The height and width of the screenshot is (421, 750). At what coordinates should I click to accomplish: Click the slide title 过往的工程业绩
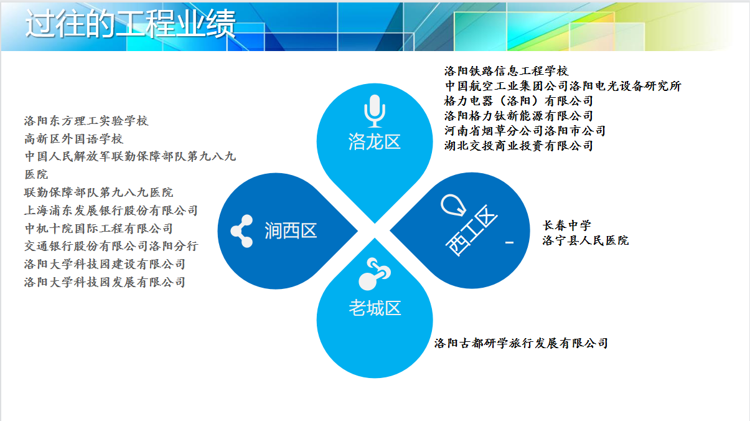click(x=130, y=24)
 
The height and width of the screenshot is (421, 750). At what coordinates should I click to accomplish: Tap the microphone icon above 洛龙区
click(x=375, y=111)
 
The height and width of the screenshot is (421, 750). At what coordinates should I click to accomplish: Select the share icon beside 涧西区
click(x=241, y=231)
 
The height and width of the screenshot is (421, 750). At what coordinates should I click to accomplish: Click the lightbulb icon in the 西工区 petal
click(x=453, y=205)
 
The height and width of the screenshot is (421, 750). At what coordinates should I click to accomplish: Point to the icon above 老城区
click(x=374, y=274)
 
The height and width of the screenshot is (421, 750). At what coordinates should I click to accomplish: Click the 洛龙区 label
click(x=374, y=141)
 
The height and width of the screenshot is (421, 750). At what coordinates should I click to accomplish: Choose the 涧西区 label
click(x=291, y=231)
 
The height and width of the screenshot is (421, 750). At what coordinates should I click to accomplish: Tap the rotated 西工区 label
click(x=471, y=230)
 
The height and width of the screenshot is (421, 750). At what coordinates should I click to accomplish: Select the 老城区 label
click(x=375, y=308)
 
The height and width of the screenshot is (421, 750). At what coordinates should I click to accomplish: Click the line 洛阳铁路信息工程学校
click(x=506, y=71)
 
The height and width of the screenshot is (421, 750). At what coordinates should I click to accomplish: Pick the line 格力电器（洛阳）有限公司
click(x=518, y=101)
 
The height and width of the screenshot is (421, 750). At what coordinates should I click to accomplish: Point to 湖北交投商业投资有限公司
click(x=518, y=146)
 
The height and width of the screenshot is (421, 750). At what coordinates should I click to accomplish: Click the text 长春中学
click(x=567, y=225)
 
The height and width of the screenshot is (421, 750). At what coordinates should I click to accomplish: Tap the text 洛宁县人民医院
click(x=586, y=240)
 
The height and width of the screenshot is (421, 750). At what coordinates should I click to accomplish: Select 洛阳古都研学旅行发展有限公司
click(x=521, y=343)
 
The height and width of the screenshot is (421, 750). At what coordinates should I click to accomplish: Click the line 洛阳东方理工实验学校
click(x=86, y=121)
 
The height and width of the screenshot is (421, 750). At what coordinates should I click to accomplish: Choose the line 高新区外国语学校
click(x=73, y=139)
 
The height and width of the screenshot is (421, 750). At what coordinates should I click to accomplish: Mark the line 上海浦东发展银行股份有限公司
click(x=111, y=210)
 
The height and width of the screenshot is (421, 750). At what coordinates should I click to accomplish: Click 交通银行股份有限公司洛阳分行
click(x=111, y=246)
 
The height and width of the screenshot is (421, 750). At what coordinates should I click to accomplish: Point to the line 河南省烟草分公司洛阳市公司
click(x=525, y=131)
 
